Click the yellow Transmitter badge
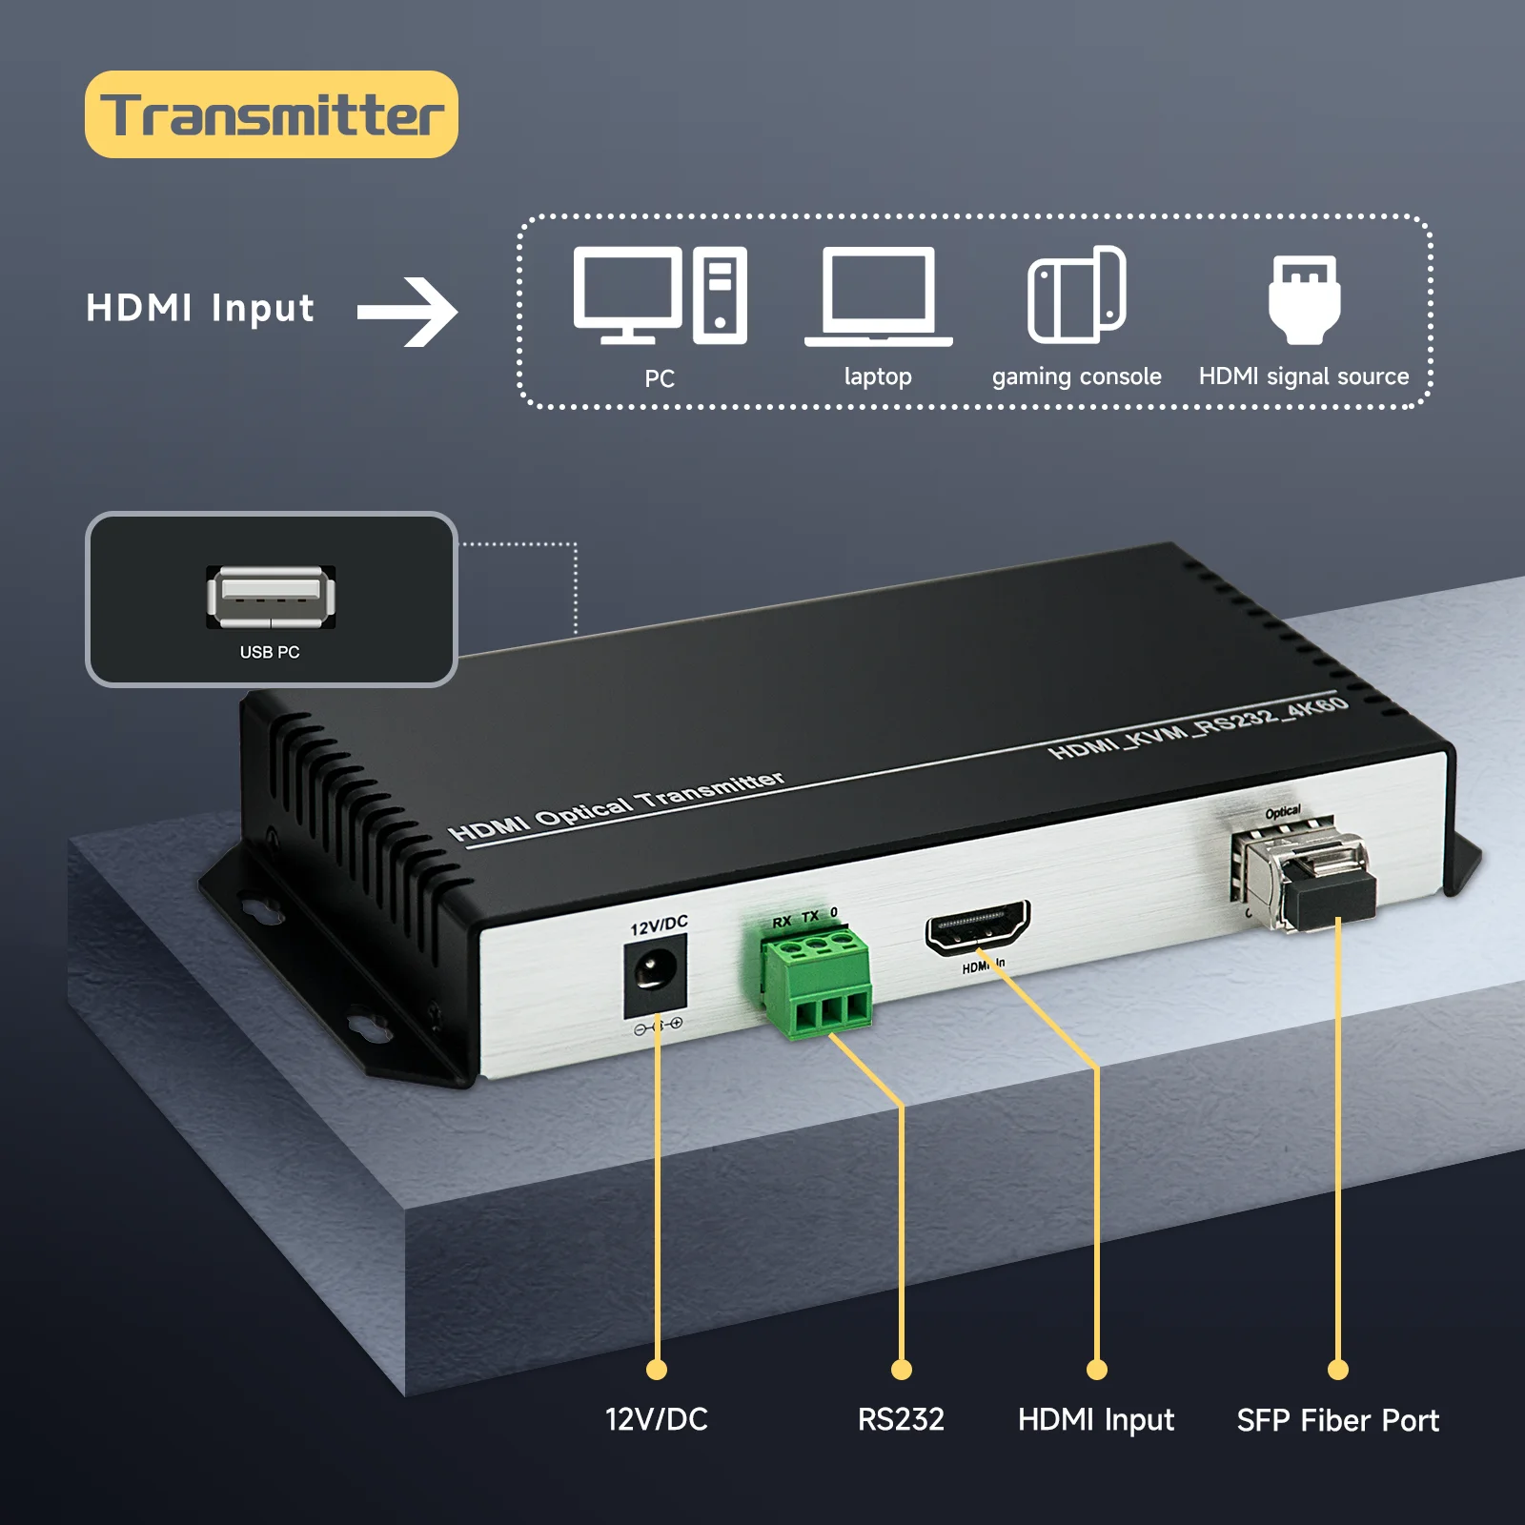(x=272, y=114)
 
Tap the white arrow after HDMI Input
(x=408, y=312)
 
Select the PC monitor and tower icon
(x=660, y=295)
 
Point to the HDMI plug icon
(x=1304, y=298)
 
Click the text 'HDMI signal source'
(x=1304, y=376)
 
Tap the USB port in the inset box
(x=271, y=597)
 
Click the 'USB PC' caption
(x=270, y=652)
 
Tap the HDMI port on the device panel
(x=978, y=925)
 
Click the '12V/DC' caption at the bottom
(x=657, y=1419)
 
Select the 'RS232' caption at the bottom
(x=901, y=1419)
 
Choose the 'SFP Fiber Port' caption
(x=1337, y=1420)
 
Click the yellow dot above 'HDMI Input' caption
(x=1097, y=1370)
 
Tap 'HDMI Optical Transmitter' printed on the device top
(x=617, y=806)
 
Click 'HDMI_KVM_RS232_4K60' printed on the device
(x=1199, y=728)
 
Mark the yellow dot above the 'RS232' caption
(x=902, y=1370)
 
